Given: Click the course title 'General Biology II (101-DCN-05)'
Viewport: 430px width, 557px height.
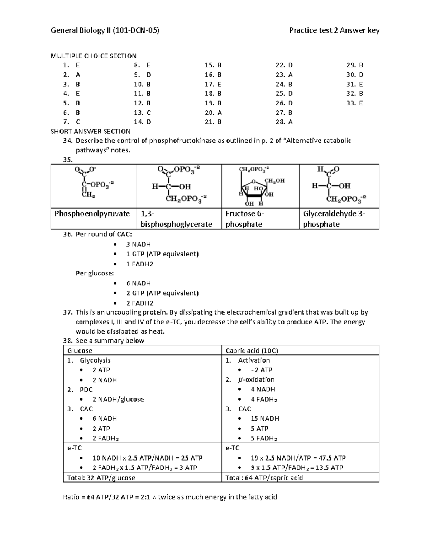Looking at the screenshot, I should pyautogui.click(x=105, y=30).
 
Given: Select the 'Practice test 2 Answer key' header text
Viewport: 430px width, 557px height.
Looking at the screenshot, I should pyautogui.click(x=334, y=30).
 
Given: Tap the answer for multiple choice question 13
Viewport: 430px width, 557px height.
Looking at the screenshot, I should pyautogui.click(x=149, y=113).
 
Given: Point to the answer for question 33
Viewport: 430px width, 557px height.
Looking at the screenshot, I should pyautogui.click(x=361, y=103).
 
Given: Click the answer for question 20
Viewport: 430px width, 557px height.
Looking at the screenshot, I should pyautogui.click(x=219, y=113).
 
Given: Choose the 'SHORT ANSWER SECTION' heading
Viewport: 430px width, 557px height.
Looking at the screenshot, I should pyautogui.click(x=91, y=131).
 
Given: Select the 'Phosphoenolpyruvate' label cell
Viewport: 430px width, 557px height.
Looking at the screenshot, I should pyautogui.click(x=92, y=214).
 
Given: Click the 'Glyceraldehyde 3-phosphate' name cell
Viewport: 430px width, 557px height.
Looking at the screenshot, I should pyautogui.click(x=334, y=219).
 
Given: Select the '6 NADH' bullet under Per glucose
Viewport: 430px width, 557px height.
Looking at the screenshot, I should pyautogui.click(x=138, y=283).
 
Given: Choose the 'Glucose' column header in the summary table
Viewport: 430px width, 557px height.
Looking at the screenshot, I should pyautogui.click(x=80, y=351).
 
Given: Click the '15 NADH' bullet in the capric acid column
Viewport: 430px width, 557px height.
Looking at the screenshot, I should pyautogui.click(x=265, y=419).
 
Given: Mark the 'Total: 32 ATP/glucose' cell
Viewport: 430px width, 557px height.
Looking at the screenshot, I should pyautogui.click(x=101, y=478).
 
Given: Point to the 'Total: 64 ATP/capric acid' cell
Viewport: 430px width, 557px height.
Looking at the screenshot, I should pyautogui.click(x=264, y=478).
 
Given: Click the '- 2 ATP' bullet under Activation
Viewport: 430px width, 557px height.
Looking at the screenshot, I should pyautogui.click(x=262, y=370).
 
